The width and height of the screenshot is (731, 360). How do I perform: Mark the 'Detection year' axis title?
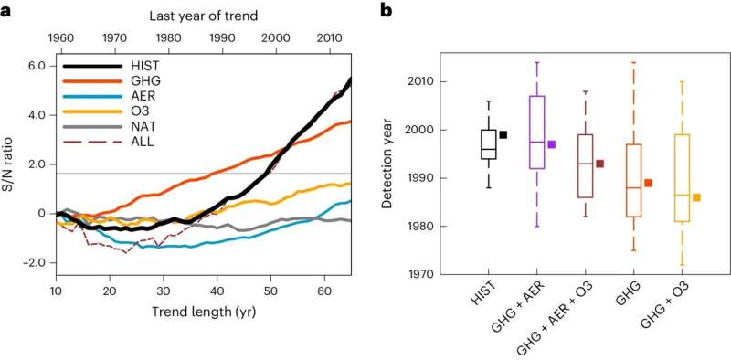389,164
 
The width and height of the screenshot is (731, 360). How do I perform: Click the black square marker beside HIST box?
503,134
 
